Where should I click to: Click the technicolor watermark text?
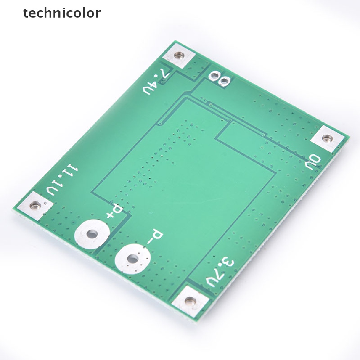pos(62,13)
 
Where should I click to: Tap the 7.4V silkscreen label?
pos(156,82)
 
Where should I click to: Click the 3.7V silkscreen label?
pos(220,273)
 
